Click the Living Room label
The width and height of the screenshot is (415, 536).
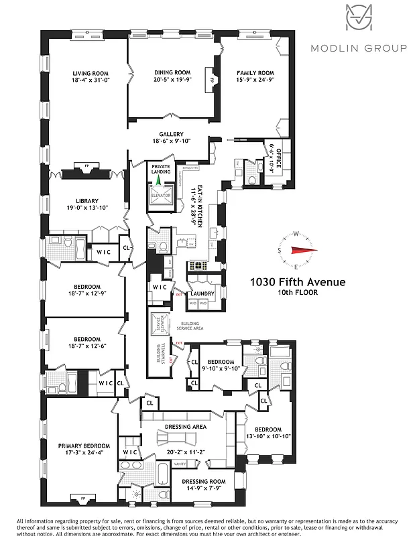(91, 73)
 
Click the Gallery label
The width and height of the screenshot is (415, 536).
(171, 134)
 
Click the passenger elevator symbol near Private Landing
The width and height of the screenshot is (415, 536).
(160, 195)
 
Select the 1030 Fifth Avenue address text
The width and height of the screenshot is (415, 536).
(298, 282)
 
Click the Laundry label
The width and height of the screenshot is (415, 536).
(202, 293)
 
